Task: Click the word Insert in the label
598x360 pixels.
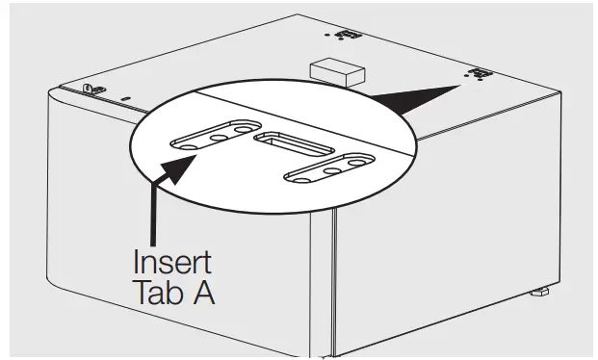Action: (171, 261)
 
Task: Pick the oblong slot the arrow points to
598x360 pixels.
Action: (213, 135)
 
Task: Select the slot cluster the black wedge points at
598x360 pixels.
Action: (476, 73)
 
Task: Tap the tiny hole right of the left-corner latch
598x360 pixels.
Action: (123, 97)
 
